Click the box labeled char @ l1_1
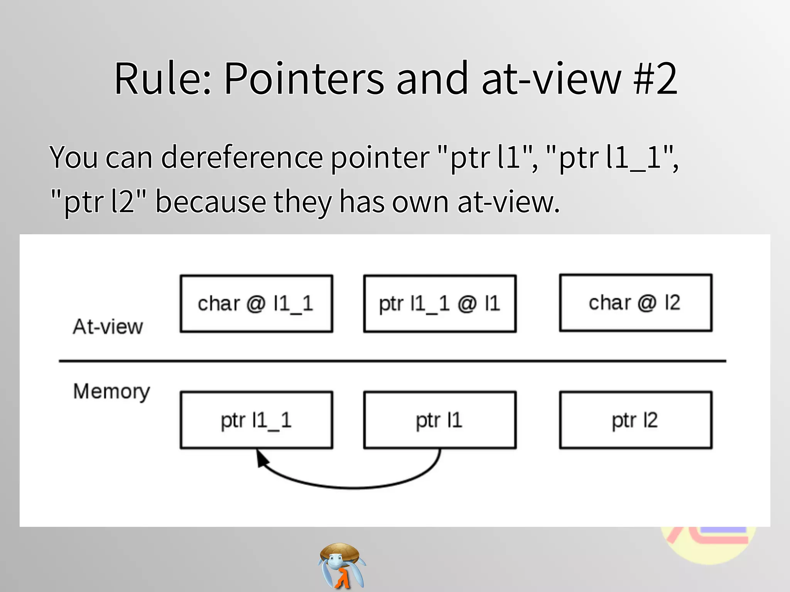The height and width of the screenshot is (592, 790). tap(256, 304)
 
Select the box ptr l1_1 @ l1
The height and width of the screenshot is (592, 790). tap(440, 304)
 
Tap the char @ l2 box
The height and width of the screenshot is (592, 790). tap(635, 303)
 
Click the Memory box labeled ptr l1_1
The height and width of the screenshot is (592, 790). tap(256, 420)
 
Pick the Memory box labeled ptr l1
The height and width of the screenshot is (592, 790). tap(440, 420)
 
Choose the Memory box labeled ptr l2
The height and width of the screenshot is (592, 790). tap(635, 420)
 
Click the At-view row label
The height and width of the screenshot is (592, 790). tap(108, 327)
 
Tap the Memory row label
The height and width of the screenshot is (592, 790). tap(111, 392)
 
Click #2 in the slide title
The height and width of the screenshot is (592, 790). tap(655, 79)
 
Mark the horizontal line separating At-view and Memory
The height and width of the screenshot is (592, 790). tap(392, 361)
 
